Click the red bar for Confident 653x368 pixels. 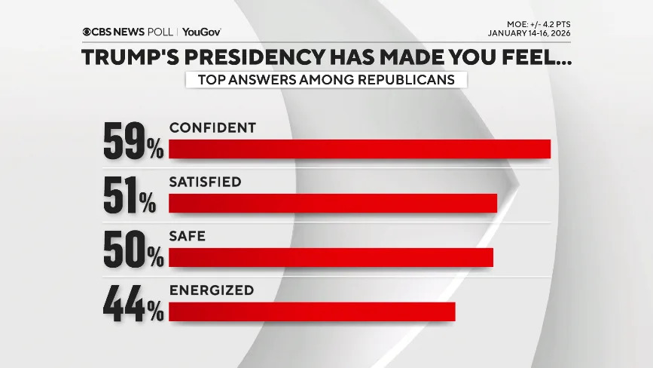[x=359, y=149]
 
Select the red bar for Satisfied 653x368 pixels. [x=333, y=204]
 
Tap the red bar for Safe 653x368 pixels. [x=331, y=257]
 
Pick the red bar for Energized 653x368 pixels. [x=312, y=311]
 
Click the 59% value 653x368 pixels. [x=133, y=143]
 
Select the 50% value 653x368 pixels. [x=133, y=250]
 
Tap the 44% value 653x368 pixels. [x=133, y=305]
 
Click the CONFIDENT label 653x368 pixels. [x=212, y=127]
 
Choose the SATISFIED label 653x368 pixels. [x=205, y=182]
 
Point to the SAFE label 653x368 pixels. [x=188, y=236]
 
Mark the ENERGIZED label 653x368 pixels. [x=211, y=290]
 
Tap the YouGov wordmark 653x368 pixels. [x=201, y=32]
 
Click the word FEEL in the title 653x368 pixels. [x=536, y=57]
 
